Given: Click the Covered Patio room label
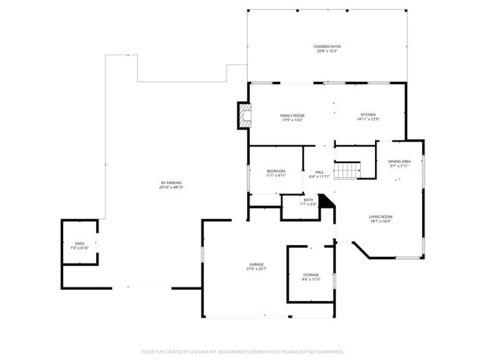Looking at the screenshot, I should (x=327, y=46).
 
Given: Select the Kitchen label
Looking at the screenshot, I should (x=368, y=115).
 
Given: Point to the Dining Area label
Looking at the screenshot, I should (x=399, y=162).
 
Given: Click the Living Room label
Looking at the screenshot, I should (x=380, y=216).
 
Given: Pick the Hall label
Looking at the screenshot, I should (x=320, y=172).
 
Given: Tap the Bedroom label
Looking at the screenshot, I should (x=275, y=171).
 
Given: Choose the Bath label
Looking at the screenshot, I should (x=308, y=199).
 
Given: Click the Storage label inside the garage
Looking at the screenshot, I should (x=311, y=275).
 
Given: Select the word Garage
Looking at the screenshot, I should (x=256, y=265).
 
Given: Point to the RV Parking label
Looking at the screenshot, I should (x=171, y=183).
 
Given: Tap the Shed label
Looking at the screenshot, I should (x=80, y=243).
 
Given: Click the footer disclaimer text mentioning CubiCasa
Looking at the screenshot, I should (x=242, y=352).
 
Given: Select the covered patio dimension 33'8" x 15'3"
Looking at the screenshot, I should (x=327, y=52).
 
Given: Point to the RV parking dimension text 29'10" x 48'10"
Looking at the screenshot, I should (x=171, y=187).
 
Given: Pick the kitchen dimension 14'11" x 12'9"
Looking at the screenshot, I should (x=368, y=119).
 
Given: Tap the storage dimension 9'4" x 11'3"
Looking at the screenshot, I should (x=311, y=279).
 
